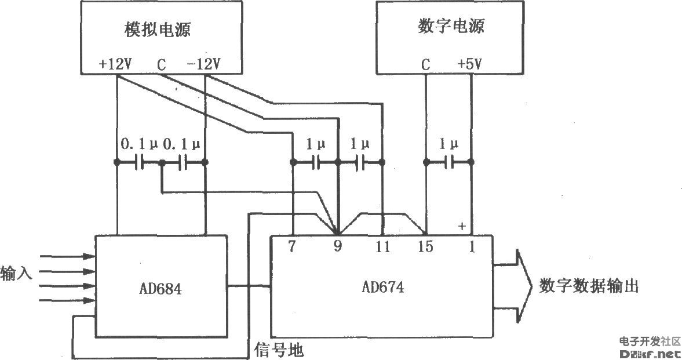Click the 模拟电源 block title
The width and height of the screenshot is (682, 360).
coord(158,30)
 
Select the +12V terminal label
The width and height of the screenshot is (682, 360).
coord(116,64)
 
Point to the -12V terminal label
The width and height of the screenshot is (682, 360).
coord(203,64)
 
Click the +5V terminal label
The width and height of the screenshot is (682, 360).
coord(469,64)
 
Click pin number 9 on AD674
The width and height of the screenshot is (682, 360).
coord(337,246)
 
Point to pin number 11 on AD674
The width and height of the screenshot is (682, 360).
coord(382,246)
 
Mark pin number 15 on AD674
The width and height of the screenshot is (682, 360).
coord(425,246)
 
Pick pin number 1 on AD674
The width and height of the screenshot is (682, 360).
coord(471,246)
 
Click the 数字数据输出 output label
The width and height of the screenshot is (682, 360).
coord(589,286)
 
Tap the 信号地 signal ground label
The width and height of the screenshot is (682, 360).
coord(279,350)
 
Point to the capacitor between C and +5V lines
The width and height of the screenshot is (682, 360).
coord(448,163)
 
